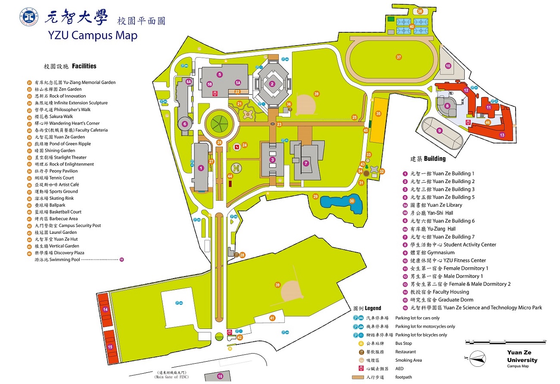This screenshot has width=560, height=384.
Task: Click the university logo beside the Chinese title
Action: tap(29, 17)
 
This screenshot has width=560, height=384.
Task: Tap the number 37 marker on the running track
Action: tap(399, 57)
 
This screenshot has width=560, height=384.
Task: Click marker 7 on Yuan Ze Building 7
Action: tap(305, 163)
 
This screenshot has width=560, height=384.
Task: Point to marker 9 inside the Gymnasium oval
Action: tap(439, 131)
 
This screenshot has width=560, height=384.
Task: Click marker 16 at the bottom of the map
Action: tap(220, 376)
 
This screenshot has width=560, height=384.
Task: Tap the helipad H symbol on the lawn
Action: tap(236, 167)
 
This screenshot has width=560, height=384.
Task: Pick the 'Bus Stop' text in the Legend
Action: tap(404, 343)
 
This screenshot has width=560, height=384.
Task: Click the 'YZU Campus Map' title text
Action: tap(93, 35)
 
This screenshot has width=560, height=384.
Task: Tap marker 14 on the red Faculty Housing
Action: tap(105, 309)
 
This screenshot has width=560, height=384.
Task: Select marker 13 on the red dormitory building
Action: tap(502, 135)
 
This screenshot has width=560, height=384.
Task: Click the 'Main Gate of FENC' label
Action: tap(171, 375)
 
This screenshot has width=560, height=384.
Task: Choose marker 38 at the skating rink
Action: tap(420, 11)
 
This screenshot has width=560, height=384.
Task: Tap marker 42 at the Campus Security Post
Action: tap(240, 338)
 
